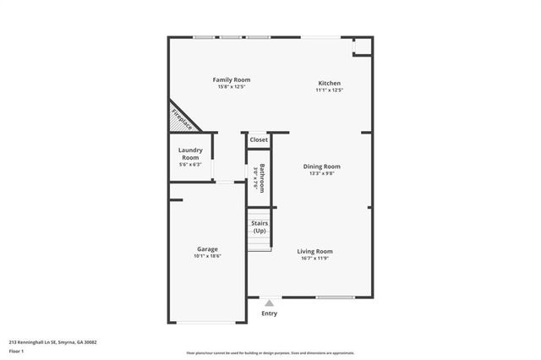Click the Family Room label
point(234,80)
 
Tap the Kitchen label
point(329,83)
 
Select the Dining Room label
point(321,166)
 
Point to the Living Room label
point(314,251)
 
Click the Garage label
point(208,249)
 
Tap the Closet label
point(259,139)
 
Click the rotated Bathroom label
point(263,177)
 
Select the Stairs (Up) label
point(260,227)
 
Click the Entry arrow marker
point(269,303)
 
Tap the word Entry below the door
point(269,314)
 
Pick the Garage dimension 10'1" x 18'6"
point(208,256)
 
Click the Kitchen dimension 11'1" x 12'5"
point(329,90)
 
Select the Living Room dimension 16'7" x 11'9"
point(314,259)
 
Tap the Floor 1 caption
point(16,351)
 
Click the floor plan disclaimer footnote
point(270,352)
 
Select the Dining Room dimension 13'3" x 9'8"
point(321,174)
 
